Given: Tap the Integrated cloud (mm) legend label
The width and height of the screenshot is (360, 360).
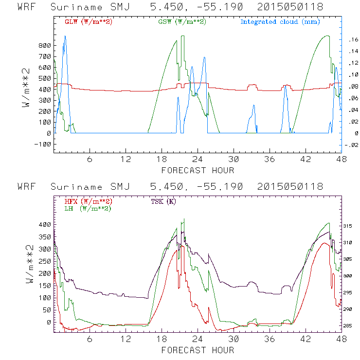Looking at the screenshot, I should tap(279, 22).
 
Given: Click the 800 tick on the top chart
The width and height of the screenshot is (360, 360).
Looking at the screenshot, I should tap(44, 46).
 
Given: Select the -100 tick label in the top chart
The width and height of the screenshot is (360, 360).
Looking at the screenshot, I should tap(42, 144).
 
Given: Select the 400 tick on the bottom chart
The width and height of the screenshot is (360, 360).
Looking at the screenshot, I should tap(44, 225).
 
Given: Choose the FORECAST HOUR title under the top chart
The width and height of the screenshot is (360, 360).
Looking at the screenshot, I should tap(198, 170).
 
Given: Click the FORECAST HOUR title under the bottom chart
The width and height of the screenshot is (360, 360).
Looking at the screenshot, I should tap(198, 350).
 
